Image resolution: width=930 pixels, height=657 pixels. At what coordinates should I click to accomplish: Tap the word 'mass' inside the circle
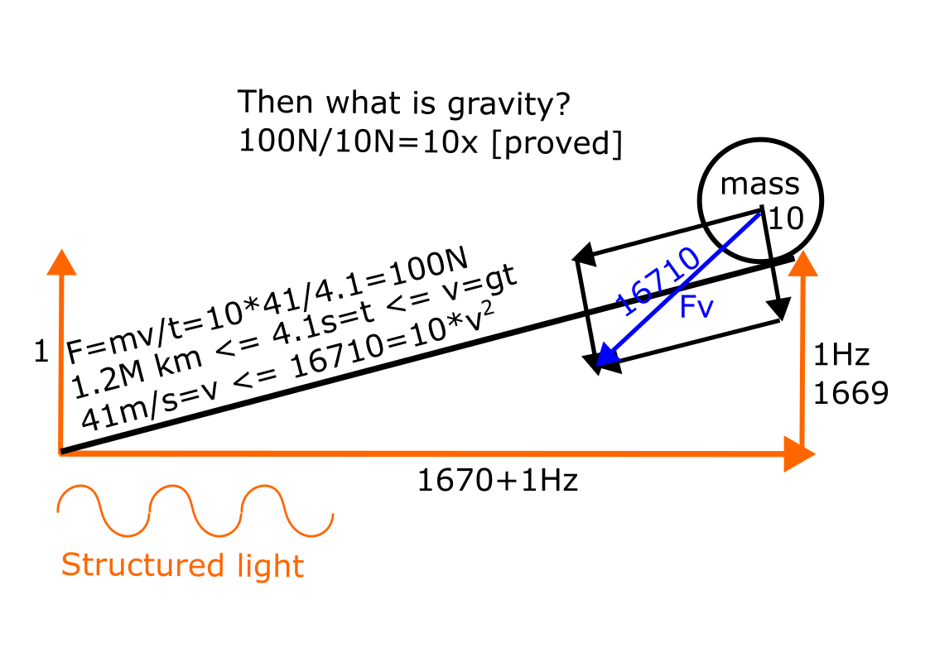point(759,184)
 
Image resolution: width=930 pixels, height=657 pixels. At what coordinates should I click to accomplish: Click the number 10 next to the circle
point(786,218)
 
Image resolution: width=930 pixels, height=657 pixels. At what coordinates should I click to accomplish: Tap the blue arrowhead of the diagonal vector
point(606,357)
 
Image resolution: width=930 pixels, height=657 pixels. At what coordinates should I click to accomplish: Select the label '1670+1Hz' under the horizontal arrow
point(497,480)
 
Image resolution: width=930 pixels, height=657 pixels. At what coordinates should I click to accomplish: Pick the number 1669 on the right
point(850,393)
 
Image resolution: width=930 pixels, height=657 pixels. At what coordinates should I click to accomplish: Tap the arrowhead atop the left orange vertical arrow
point(60,261)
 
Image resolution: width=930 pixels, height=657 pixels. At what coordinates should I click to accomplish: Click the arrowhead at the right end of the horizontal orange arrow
point(799,454)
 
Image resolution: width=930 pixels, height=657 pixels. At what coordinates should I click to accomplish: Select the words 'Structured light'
point(182,566)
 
